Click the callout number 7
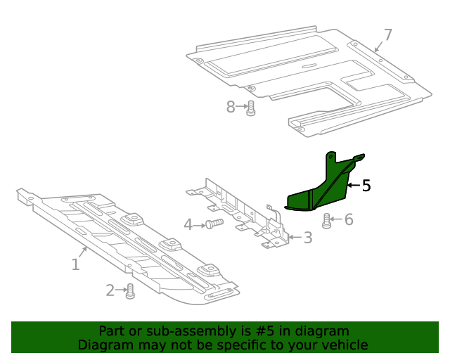click(388, 34)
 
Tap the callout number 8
click(231, 107)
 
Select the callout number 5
click(366, 186)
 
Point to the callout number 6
click(348, 220)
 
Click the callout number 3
click(307, 238)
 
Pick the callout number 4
click(188, 224)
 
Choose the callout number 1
click(75, 264)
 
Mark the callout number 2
click(110, 290)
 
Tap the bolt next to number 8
click(250, 108)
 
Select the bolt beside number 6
click(327, 221)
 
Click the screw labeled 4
click(214, 224)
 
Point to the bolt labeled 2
click(129, 291)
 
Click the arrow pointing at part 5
click(353, 186)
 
